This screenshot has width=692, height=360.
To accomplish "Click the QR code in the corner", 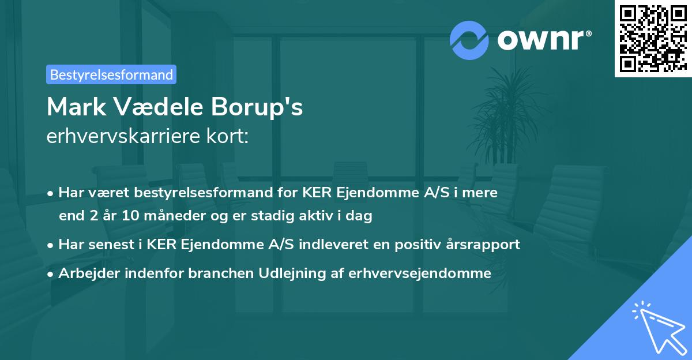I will [x=653, y=38].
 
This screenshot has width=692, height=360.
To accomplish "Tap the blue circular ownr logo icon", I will [x=469, y=40].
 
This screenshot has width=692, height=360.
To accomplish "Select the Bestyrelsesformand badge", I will [x=111, y=74].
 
